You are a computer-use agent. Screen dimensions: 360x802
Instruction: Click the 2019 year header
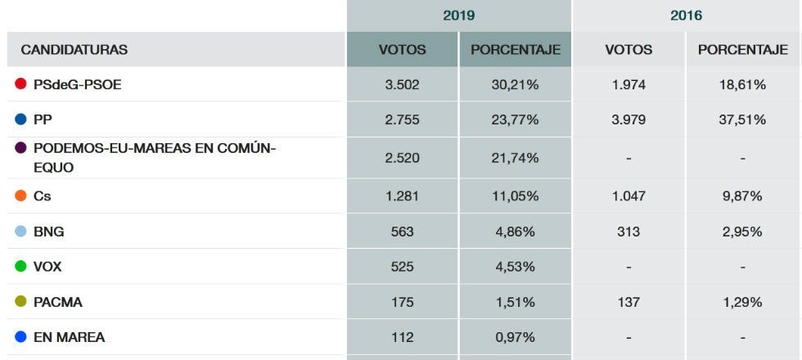pos(458,16)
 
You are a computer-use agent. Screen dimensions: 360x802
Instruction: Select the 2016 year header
pos(686,16)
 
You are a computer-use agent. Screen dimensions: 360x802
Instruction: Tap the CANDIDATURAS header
pos(74,50)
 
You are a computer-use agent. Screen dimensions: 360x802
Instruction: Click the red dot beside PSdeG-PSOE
pos(21,84)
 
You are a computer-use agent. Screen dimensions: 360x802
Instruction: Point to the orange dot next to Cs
pos(21,196)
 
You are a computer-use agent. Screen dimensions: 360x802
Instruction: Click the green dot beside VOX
pos(21,267)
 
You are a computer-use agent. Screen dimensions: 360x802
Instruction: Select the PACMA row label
pos(58,302)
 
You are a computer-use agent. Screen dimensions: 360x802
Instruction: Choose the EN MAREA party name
pos(69,337)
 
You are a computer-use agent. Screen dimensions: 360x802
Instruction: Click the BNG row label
pos(49,232)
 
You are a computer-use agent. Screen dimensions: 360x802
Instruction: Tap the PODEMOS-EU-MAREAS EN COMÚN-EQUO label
pos(155,158)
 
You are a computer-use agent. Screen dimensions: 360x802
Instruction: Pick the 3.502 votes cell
pos(402,85)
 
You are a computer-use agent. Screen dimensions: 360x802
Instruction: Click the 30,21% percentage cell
pos(515,85)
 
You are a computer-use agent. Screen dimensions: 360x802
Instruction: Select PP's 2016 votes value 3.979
pos(629,120)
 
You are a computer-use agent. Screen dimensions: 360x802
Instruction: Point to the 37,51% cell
pos(742,120)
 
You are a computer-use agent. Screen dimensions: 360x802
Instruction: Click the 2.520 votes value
pos(402,158)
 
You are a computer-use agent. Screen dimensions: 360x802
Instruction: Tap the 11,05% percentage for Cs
pos(515,196)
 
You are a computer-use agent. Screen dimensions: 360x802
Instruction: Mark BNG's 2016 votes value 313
pos(629,232)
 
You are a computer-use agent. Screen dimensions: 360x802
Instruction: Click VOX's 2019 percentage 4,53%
pos(515,267)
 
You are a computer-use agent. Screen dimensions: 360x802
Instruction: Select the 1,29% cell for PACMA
pos(742,302)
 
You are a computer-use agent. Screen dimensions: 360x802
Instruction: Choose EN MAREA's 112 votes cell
pos(402,337)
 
